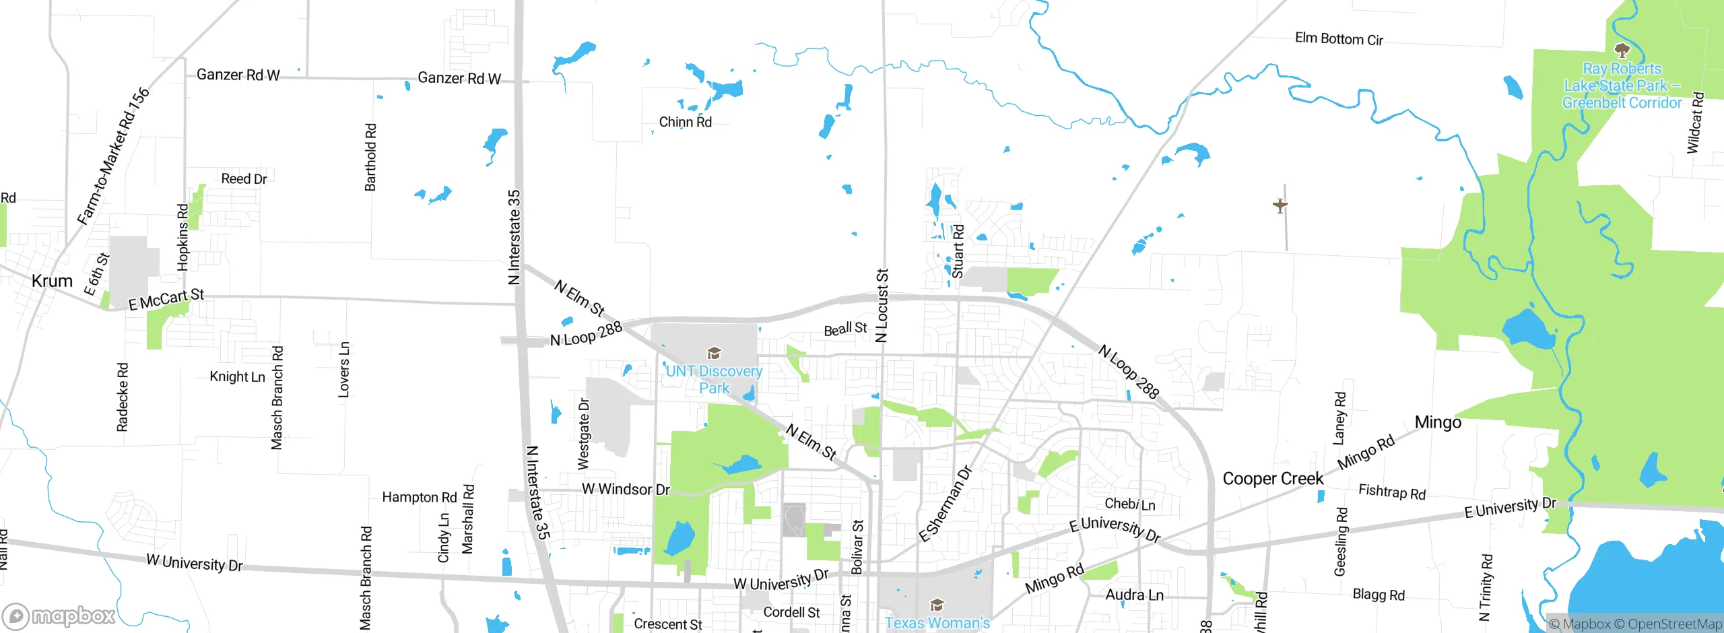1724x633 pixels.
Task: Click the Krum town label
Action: [52, 281]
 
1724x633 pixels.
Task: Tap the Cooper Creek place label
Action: [1273, 479]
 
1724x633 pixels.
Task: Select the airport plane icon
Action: [1280, 205]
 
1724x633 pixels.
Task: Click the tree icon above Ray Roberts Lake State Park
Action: [1622, 51]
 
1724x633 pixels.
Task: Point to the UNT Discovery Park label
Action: [714, 379]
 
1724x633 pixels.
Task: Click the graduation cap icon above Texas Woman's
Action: [937, 604]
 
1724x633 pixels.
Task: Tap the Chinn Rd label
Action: [685, 122]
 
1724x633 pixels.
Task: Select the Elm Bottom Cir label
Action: [1339, 39]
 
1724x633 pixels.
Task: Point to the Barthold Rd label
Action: [370, 157]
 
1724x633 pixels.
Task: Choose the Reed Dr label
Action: [244, 178]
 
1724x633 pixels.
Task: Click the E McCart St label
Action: [166, 299]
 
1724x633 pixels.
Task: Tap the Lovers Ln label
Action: [343, 369]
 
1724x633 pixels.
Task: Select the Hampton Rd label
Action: [419, 497]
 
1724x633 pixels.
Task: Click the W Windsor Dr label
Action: [626, 489]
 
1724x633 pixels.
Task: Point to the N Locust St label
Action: [882, 305]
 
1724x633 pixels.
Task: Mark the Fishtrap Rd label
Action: [1392, 492]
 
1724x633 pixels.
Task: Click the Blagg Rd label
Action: [1379, 595]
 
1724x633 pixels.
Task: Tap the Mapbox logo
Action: [59, 615]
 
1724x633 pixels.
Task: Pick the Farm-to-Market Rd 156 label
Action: [113, 156]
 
